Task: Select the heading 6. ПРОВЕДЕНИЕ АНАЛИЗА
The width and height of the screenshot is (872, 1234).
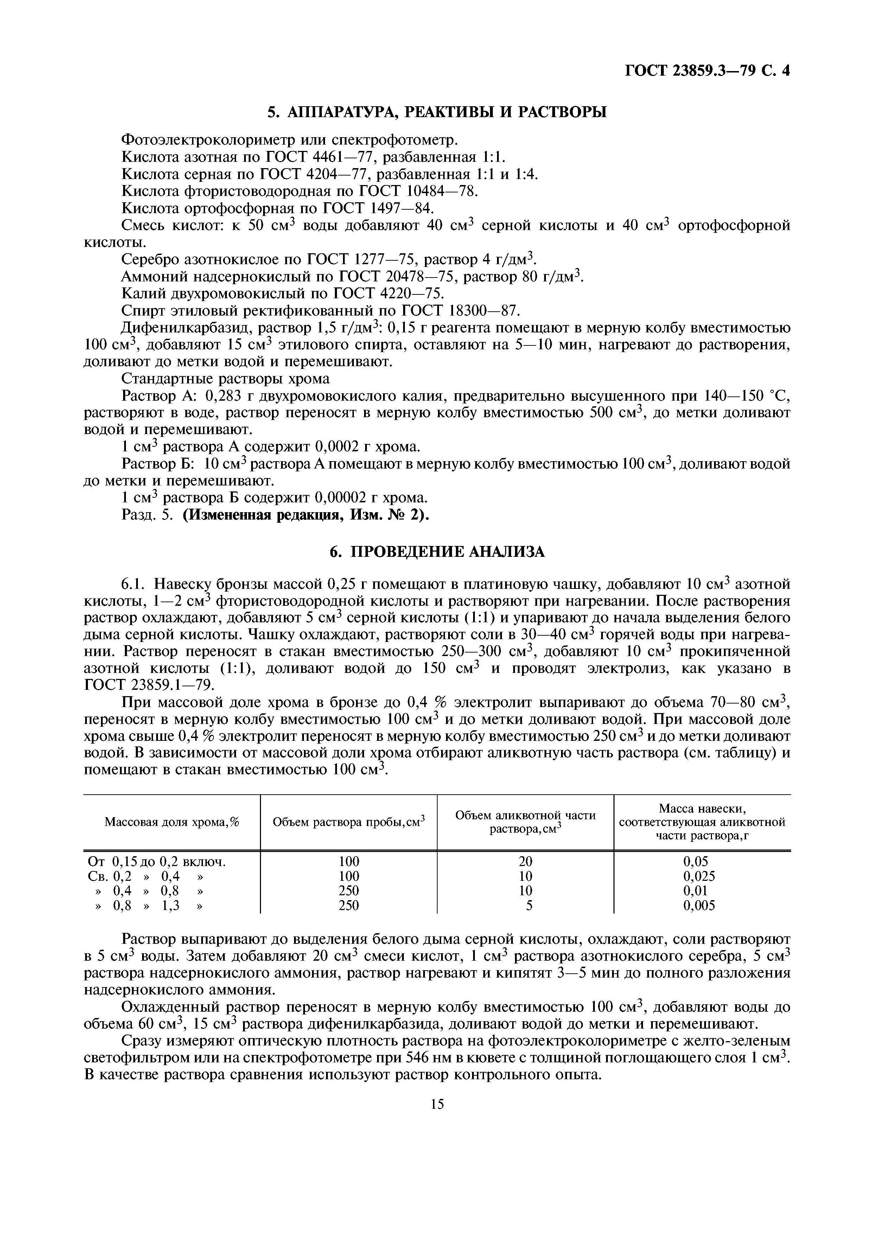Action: (x=437, y=552)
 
